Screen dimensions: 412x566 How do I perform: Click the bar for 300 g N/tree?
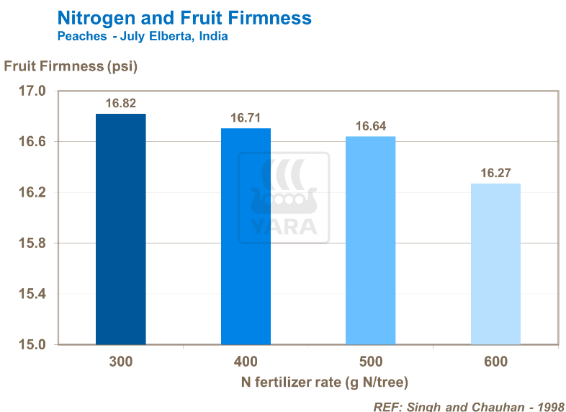coord(121,229)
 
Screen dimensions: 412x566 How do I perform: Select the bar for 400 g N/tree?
coord(246,236)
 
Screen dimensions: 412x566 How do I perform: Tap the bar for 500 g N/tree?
coord(370,241)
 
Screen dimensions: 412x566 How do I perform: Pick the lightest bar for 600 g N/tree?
coord(495,264)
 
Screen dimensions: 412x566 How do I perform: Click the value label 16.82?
coord(120,103)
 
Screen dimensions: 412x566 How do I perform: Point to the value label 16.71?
coord(246,117)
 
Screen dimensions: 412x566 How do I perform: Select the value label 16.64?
coord(371,126)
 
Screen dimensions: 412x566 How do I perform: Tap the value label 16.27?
coord(495,173)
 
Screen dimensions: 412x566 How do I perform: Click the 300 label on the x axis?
coord(121,362)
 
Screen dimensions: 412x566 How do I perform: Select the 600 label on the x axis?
coord(495,362)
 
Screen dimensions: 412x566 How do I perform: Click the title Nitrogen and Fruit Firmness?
coord(184,17)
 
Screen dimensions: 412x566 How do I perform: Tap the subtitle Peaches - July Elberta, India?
coord(143,36)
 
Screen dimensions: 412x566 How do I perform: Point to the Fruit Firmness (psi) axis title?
coord(71,67)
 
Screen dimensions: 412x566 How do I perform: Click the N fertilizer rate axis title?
coord(308,382)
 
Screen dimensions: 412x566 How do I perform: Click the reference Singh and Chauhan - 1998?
coord(468,406)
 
